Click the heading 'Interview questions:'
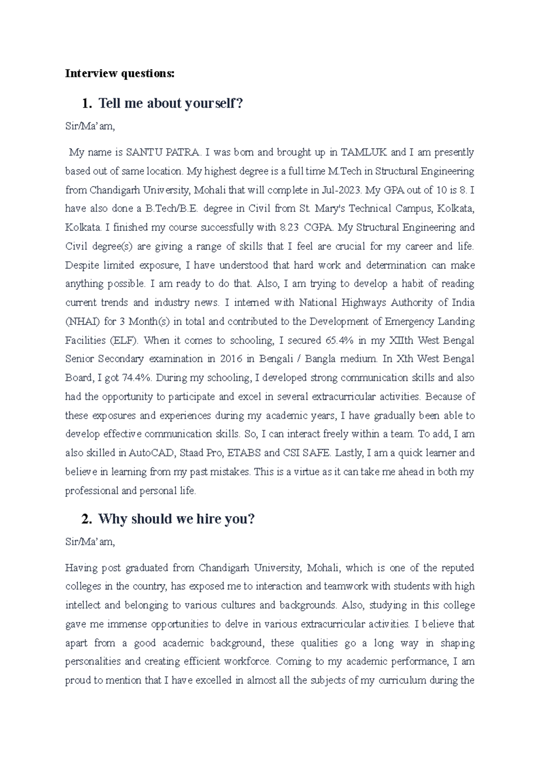point(119,73)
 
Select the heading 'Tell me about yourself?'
point(171,103)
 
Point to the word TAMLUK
point(364,152)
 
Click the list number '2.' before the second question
point(86,519)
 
